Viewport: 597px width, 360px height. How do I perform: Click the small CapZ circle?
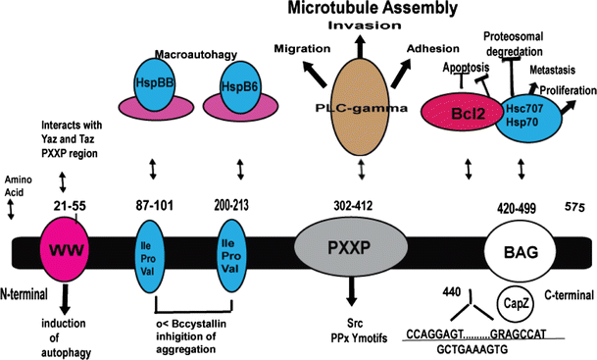pyautogui.click(x=516, y=302)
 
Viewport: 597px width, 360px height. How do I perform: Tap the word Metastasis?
pyautogui.click(x=553, y=72)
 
